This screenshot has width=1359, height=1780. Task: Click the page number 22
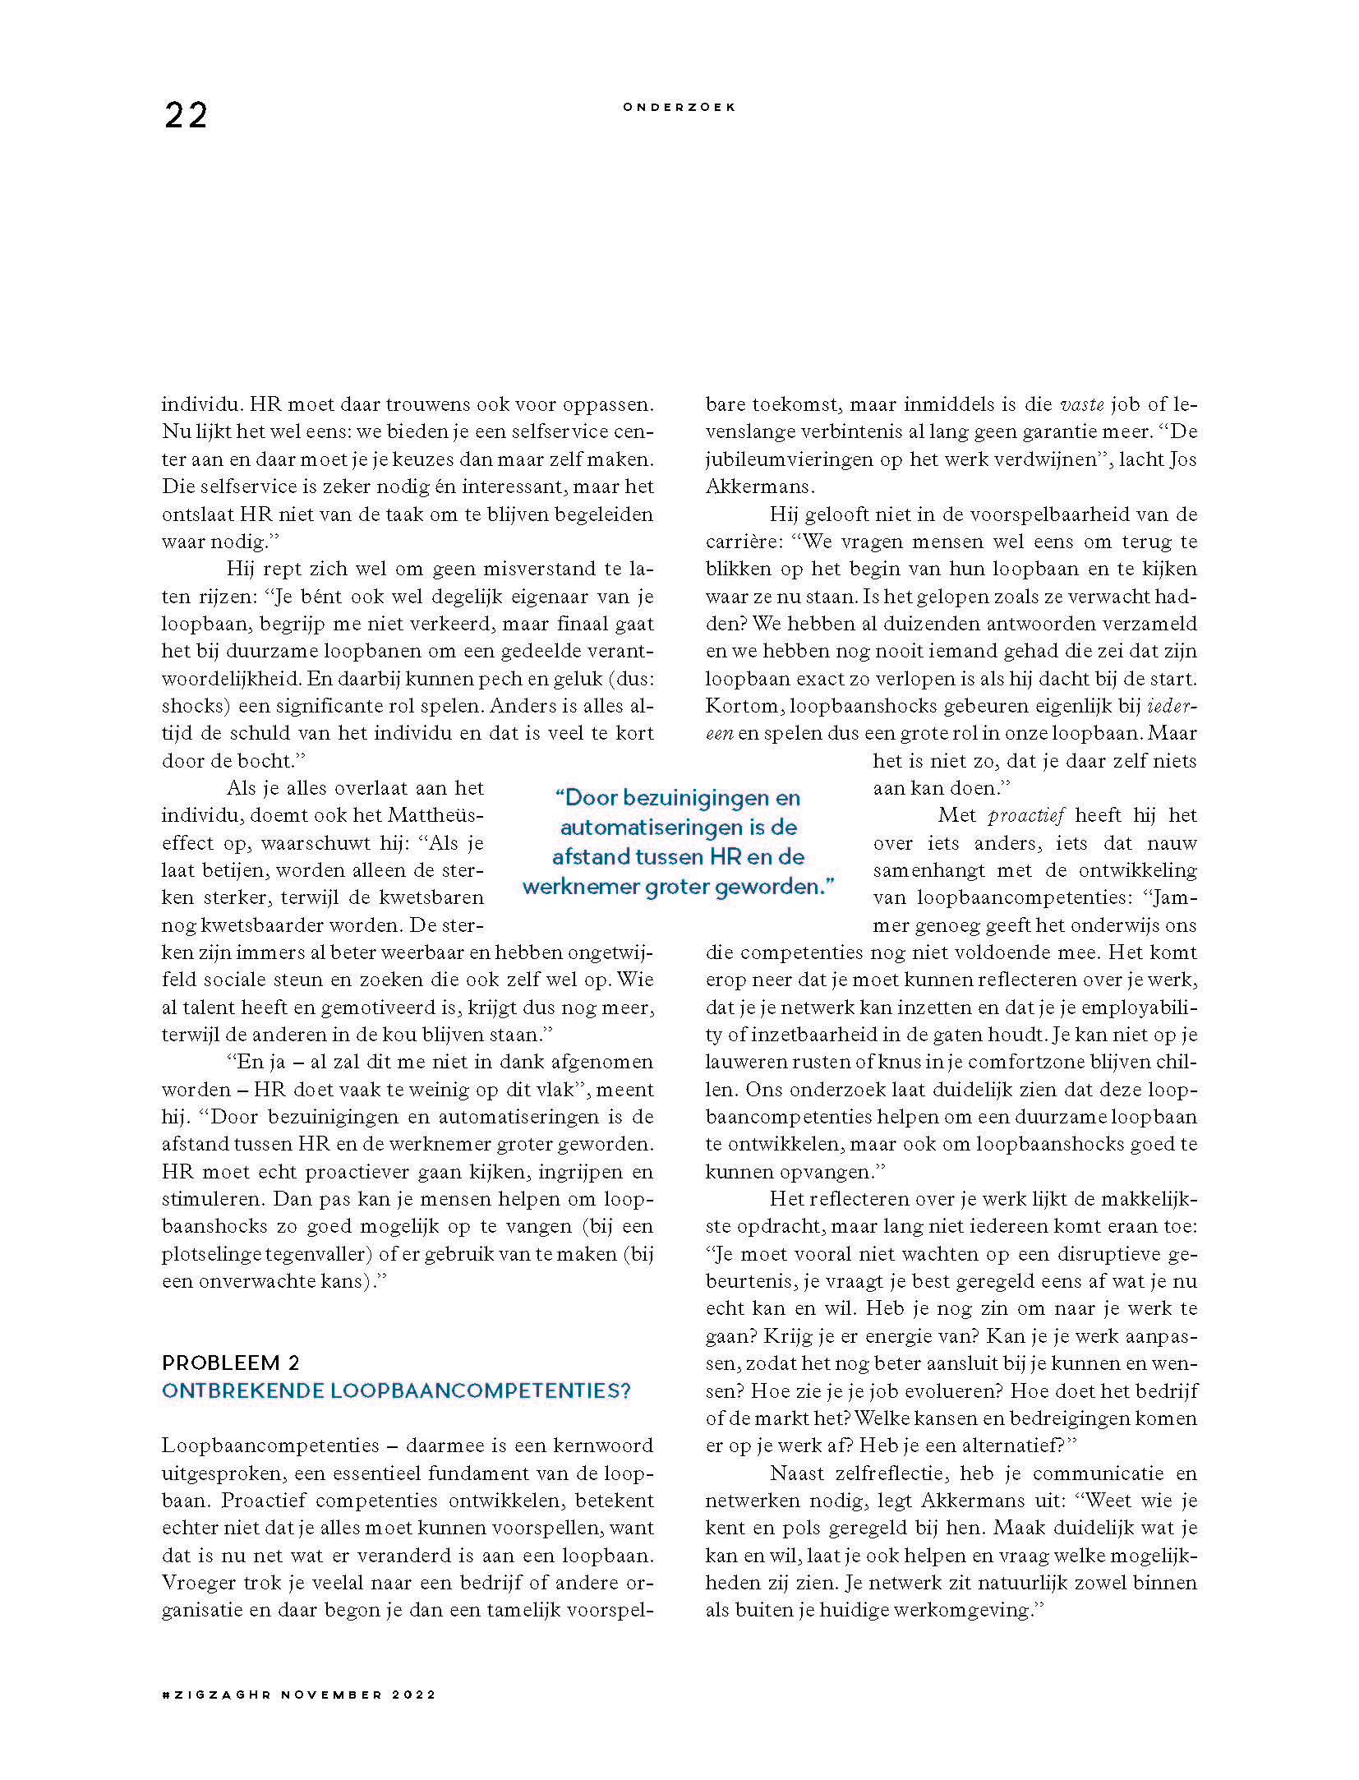click(x=186, y=115)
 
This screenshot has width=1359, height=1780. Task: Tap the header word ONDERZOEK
click(x=679, y=107)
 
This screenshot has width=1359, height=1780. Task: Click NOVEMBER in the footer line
click(x=331, y=1695)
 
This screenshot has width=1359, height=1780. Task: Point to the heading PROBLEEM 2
click(x=231, y=1363)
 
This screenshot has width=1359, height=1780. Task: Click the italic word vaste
click(x=1082, y=404)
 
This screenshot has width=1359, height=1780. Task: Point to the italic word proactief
click(x=1026, y=815)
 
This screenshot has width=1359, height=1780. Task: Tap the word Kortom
click(x=742, y=706)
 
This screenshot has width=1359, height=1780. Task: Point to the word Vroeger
click(x=195, y=1583)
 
